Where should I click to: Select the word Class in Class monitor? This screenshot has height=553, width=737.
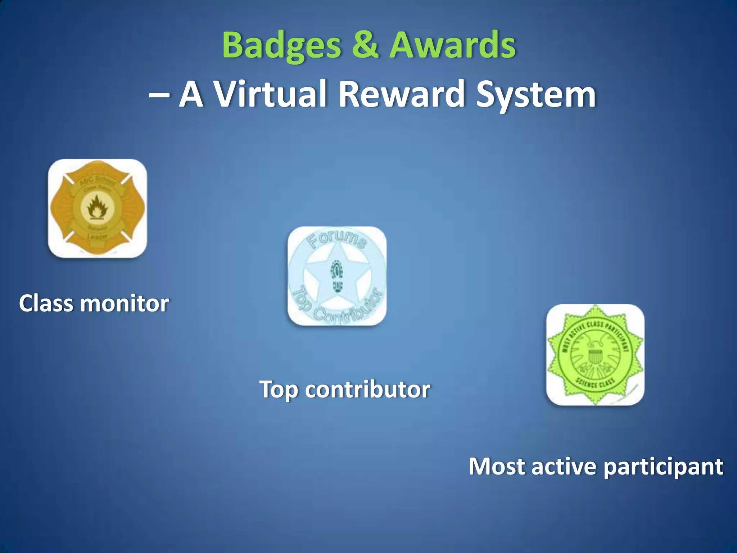coord(46,303)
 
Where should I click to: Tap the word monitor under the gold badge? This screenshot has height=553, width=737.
coord(124,303)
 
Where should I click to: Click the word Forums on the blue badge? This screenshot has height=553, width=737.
coord(338,240)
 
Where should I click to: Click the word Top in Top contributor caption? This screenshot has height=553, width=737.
coord(279,390)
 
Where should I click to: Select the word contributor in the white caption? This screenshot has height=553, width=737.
coord(367,389)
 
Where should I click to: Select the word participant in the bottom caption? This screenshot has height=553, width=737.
coord(663,467)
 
